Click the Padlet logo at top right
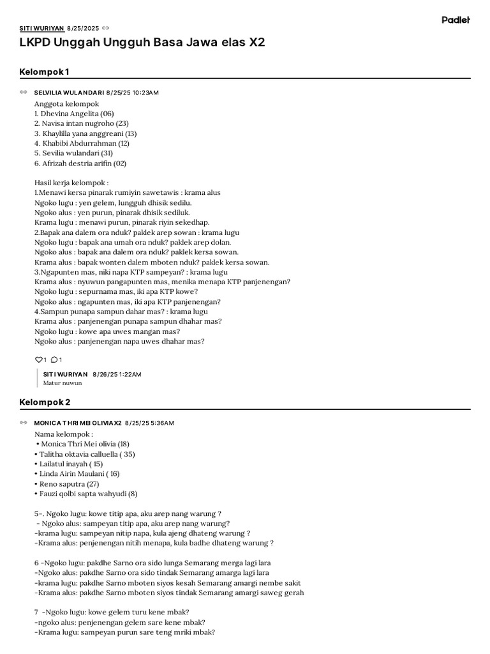[456, 20]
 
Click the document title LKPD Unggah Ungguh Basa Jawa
[142, 43]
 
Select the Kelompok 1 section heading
[44, 71]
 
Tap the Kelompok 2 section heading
[45, 402]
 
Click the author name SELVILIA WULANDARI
[69, 93]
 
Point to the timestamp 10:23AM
[145, 93]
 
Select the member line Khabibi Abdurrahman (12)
[82, 144]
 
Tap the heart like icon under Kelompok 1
[38, 360]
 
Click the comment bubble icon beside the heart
[54, 360]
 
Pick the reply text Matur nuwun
[63, 383]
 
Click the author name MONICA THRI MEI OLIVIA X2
[77, 423]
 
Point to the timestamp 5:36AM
[162, 423]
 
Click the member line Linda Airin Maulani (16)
[80, 474]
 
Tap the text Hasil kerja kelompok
[71, 183]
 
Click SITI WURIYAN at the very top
[41, 28]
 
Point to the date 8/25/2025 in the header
[83, 28]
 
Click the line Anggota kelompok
[66, 103]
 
